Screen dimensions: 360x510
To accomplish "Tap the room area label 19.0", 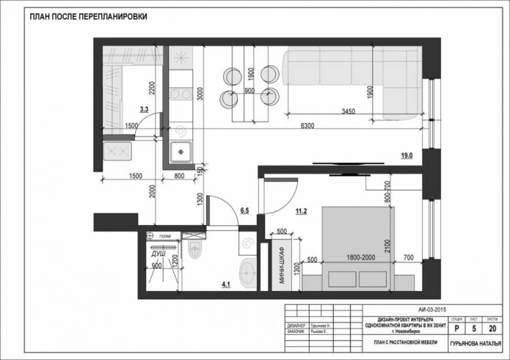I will [x=407, y=155].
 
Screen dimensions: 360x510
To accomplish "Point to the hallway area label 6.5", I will [x=246, y=210].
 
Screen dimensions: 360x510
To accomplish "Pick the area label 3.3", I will [x=144, y=109].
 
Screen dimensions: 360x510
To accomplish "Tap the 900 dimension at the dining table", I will [x=249, y=91].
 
